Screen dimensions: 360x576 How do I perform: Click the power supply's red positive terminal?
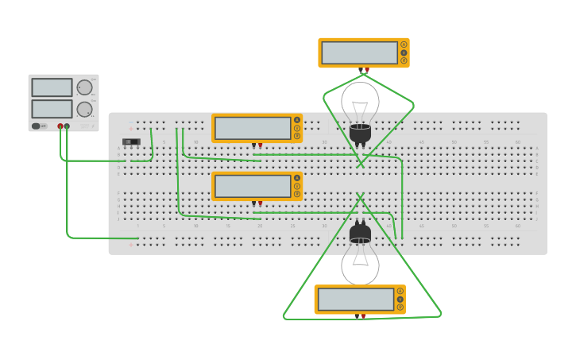click(60, 126)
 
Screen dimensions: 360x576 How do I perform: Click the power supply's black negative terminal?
click(67, 126)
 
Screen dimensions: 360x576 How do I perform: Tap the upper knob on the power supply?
click(84, 87)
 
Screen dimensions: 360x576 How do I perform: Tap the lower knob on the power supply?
click(84, 109)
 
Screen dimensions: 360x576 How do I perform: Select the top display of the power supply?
click(52, 87)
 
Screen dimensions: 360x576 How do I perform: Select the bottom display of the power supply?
click(52, 108)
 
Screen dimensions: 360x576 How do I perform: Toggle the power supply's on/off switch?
click(37, 126)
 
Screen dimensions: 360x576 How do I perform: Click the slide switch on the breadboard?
click(131, 141)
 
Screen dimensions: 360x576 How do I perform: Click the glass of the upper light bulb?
click(360, 101)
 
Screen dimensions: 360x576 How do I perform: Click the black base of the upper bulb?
click(360, 133)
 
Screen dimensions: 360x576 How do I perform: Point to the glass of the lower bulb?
click(360, 262)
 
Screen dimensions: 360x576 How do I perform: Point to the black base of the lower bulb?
click(360, 233)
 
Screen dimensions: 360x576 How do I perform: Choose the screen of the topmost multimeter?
click(359, 52)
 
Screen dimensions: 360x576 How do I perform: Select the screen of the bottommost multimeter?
click(355, 300)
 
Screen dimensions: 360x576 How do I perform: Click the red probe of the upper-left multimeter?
click(260, 145)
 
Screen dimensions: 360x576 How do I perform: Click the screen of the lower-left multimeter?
click(252, 186)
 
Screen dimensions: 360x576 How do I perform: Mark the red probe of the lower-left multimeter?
click(260, 203)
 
